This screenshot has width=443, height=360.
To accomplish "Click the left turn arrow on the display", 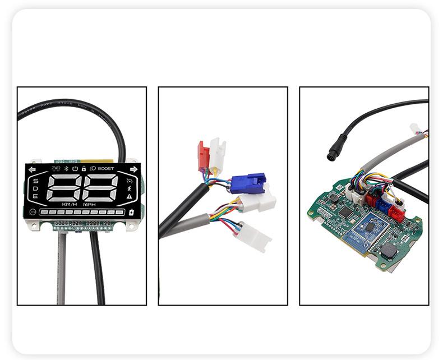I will coord(32,169).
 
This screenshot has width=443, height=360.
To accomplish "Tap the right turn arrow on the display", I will coord(133,169).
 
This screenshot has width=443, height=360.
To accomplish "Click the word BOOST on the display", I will coord(105,168).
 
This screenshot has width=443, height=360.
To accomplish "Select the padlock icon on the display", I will coord(84,168).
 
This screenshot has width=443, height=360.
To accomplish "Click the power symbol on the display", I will coord(75,168).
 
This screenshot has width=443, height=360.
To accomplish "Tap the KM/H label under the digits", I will coord(70,205).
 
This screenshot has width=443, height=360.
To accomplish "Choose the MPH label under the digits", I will coord(90,205).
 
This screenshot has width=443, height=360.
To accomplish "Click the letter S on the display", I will coord(35,181).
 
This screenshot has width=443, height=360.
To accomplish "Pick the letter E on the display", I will coord(35,196).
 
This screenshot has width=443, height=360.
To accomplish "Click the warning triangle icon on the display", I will coord(130,197).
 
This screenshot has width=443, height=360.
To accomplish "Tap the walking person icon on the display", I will coord(130,189).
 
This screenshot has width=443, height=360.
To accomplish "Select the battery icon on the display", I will coord(132,213).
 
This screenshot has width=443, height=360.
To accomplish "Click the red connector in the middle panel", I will coord(203,156).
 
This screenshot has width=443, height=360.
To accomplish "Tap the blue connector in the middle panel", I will coord(248,183).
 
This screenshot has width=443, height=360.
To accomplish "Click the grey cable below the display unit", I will coord(62,269).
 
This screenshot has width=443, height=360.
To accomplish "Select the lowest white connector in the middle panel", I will coord(253,236).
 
